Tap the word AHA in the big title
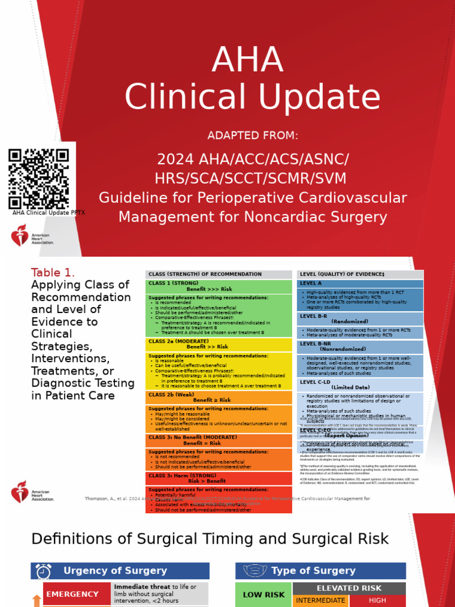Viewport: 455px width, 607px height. point(247,60)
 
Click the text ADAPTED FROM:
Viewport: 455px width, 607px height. point(252,136)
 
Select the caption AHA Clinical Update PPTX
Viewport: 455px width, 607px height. point(49,213)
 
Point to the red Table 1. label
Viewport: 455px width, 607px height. point(53,273)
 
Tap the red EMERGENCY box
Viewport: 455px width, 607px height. point(73,594)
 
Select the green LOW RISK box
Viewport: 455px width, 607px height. point(264,594)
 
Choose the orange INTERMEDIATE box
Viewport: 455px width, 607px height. point(321,600)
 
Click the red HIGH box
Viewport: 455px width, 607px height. point(377,600)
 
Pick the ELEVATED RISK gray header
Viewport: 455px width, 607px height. point(349,588)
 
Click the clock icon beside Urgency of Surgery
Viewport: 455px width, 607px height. point(43,571)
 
